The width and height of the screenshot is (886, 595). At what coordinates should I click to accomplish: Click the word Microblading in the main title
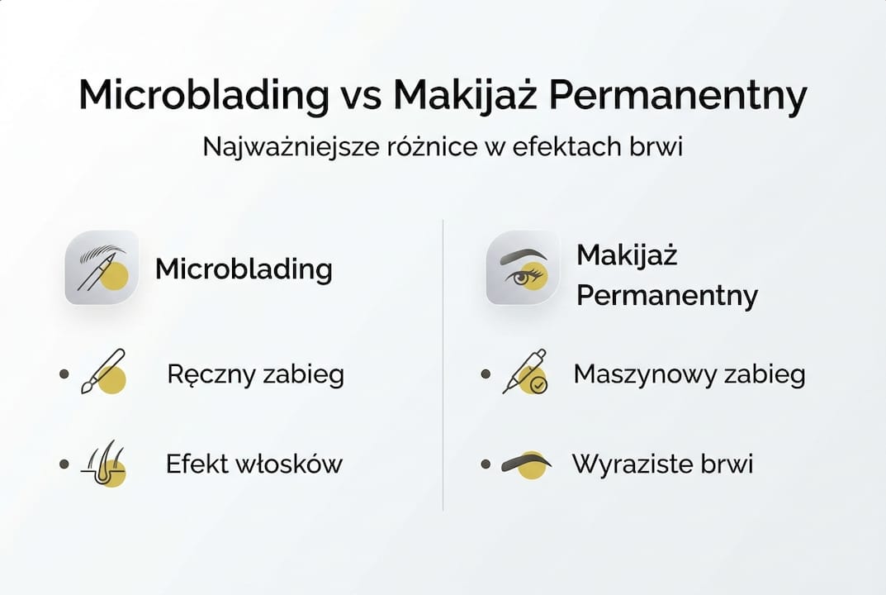[x=203, y=97]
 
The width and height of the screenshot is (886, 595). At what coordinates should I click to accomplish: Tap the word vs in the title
[x=360, y=97]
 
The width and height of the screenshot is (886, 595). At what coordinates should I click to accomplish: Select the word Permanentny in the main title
[x=677, y=97]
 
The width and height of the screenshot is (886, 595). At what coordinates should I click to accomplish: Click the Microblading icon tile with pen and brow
[x=102, y=268]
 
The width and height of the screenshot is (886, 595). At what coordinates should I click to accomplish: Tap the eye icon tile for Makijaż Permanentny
[x=523, y=268]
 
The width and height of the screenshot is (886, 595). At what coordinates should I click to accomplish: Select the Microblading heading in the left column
[x=244, y=269]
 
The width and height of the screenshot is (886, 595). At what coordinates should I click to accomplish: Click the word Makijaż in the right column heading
[x=627, y=255]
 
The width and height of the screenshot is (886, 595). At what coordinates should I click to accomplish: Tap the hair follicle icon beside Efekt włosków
[x=105, y=464]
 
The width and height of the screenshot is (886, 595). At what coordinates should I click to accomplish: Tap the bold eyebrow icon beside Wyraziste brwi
[x=525, y=463]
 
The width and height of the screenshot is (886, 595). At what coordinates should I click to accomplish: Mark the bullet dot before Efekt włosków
[x=64, y=464]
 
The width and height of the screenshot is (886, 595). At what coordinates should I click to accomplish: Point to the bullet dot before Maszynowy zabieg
[x=486, y=374]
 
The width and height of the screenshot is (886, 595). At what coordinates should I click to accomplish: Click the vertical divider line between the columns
[x=443, y=364]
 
